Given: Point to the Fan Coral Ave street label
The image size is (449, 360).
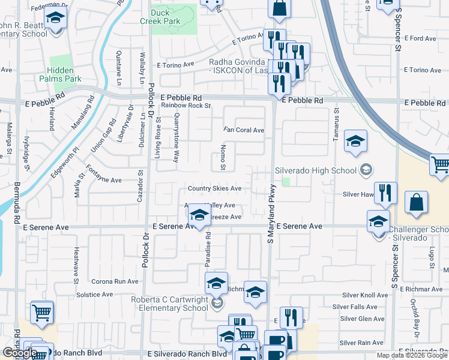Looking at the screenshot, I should tap(244, 130).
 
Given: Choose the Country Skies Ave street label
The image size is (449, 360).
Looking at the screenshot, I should tap(214, 188).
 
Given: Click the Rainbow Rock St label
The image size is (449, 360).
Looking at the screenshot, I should tap(186, 106).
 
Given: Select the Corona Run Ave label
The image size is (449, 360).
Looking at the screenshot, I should tap(115, 281).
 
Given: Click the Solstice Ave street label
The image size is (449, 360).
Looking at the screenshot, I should tap(94, 295).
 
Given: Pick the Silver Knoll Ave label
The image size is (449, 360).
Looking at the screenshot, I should tap(365, 295).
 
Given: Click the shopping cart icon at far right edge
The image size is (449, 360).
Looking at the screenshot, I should tap(440, 164).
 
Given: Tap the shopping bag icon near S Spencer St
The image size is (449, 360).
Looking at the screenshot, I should tap(416, 203).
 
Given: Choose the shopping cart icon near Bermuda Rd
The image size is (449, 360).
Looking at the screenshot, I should tap(41, 313).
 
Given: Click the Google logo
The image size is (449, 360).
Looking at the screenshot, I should tap(20, 353).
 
